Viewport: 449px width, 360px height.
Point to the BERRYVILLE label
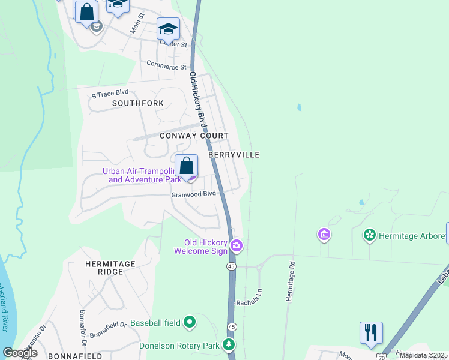234,155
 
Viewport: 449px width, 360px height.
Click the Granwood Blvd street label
193,194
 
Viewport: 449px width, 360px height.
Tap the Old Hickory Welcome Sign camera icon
237,245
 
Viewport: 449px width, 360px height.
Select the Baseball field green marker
190,323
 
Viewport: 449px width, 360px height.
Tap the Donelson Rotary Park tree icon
228,344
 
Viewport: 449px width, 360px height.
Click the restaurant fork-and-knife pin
371,333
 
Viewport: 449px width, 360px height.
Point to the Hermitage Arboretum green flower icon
370,235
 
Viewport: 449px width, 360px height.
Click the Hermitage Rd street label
291,281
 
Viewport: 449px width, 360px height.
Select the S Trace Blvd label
110,94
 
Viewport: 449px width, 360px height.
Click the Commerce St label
166,67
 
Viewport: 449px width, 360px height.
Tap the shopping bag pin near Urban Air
187,166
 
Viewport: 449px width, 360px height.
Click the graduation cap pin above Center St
168,28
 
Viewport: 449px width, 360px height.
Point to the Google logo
20,353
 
